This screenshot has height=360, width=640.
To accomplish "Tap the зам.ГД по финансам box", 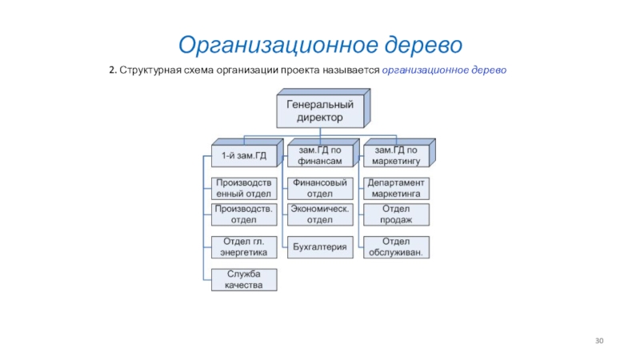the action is click(320, 154).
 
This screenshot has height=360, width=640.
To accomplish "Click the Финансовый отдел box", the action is click(320, 188).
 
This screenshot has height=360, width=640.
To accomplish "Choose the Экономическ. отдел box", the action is click(320, 214).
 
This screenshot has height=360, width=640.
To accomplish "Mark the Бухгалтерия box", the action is click(320, 247).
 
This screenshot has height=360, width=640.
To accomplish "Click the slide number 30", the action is click(599, 342).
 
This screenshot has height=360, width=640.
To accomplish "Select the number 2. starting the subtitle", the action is click(114, 70).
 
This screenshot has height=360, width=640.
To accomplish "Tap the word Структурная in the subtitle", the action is click(146, 70).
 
